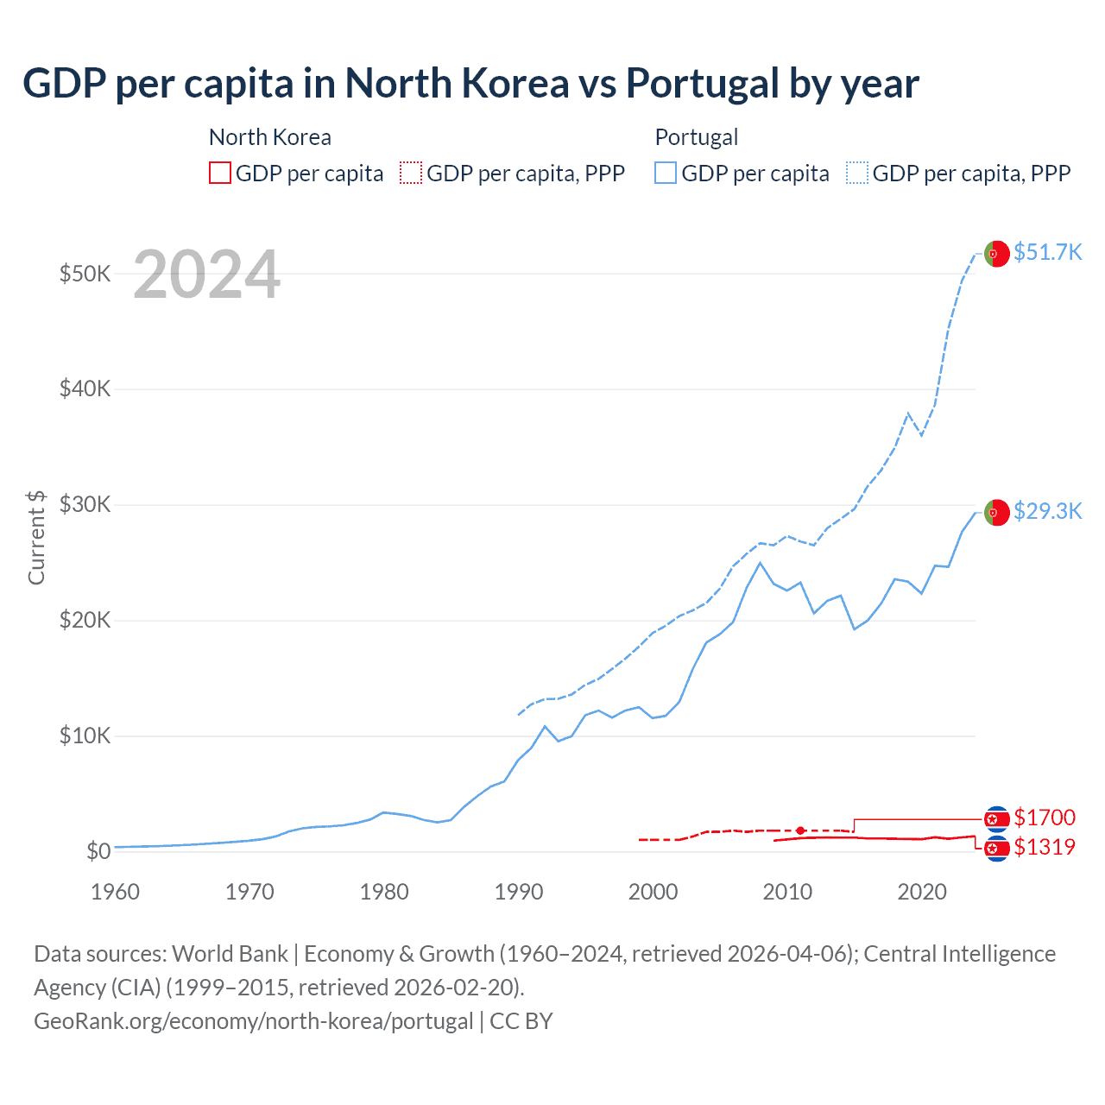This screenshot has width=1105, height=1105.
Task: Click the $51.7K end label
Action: (x=1047, y=252)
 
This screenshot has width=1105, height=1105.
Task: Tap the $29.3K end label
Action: (x=1047, y=511)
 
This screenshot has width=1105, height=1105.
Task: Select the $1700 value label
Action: (x=1045, y=818)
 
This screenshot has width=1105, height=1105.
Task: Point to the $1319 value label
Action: (x=1045, y=847)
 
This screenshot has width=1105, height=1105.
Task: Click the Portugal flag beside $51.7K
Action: (x=997, y=254)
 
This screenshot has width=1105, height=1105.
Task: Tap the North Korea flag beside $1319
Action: (x=997, y=849)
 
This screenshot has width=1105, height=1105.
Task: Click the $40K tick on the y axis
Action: (x=85, y=388)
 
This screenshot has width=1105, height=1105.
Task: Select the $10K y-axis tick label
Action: (x=85, y=736)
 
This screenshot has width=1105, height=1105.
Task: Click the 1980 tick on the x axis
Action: (x=384, y=892)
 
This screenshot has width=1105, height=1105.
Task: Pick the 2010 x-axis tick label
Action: (x=787, y=892)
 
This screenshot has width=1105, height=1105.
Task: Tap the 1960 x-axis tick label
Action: (x=115, y=892)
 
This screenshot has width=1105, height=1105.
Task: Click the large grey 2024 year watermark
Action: (x=206, y=275)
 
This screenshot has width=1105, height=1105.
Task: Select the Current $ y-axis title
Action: (x=36, y=537)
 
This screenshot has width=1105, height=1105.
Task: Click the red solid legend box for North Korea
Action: (x=220, y=174)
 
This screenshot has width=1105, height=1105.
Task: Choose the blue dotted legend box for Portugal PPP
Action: (x=857, y=174)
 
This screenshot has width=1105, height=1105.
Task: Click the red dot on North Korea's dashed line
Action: (x=800, y=830)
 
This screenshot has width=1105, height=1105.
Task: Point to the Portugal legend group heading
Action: (x=697, y=137)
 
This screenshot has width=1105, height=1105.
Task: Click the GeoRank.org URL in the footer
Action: (x=253, y=1020)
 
